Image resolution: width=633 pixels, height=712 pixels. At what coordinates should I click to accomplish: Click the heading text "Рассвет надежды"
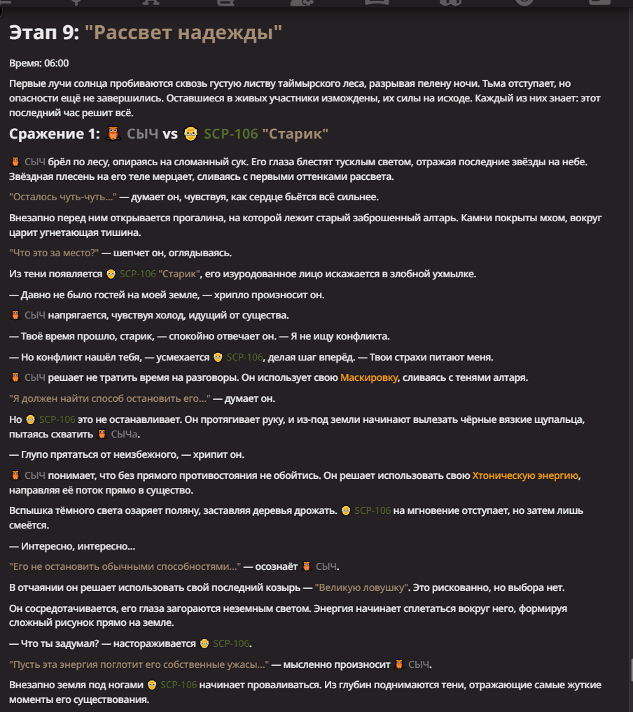click(x=183, y=32)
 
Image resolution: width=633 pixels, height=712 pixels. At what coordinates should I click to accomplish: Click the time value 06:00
click(x=56, y=63)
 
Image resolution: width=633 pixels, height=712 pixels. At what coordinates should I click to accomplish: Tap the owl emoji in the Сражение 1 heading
click(x=114, y=134)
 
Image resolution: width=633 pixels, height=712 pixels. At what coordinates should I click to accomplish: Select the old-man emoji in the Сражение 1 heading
click(x=190, y=134)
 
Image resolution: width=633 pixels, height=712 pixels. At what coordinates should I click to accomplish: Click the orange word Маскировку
click(x=369, y=378)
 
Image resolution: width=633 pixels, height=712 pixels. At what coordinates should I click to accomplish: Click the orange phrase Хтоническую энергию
click(x=526, y=476)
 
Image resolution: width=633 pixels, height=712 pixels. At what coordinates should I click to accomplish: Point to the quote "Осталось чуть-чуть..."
click(x=63, y=197)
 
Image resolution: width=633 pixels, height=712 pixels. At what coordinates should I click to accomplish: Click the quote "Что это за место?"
click(x=55, y=253)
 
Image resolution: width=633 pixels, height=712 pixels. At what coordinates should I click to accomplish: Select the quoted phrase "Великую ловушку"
click(x=361, y=587)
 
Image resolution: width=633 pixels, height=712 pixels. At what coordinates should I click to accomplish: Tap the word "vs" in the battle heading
click(x=170, y=134)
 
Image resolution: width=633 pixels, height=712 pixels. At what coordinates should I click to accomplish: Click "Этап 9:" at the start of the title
click(x=44, y=32)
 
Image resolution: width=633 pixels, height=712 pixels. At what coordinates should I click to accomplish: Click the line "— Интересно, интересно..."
click(x=73, y=546)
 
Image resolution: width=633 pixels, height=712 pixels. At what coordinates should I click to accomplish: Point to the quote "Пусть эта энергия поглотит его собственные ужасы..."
click(x=139, y=664)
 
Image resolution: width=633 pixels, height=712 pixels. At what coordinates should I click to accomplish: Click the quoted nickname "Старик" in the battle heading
click(x=295, y=134)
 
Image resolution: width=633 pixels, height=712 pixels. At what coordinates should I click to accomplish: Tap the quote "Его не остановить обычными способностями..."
click(x=125, y=566)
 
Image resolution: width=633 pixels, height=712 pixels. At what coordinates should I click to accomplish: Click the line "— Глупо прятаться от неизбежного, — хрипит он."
click(x=126, y=455)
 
